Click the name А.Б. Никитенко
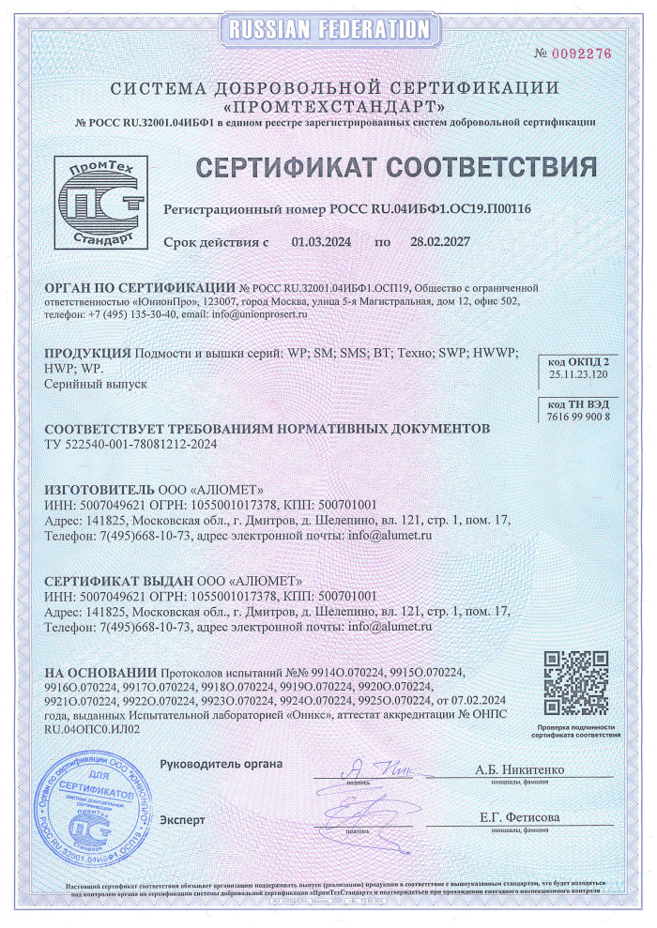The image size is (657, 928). (519, 770)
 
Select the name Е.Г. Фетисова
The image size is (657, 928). (519, 818)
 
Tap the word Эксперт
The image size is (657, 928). (182, 819)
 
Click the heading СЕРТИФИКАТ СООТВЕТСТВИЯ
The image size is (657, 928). (395, 168)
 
